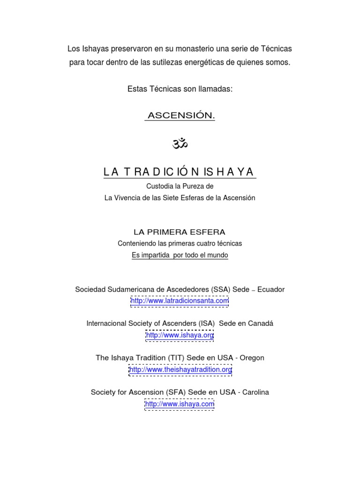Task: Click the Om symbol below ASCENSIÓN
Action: coord(180,143)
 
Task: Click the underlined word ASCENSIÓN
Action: coord(180,115)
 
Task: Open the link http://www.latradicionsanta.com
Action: coord(180,300)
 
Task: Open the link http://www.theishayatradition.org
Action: coord(180,369)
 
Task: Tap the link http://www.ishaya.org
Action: coord(180,335)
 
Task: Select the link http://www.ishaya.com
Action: coord(180,404)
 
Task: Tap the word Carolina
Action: coord(255,392)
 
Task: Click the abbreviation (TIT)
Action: coord(175,358)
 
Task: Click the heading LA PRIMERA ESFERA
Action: coord(180,232)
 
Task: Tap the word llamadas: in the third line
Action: coord(215,89)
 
